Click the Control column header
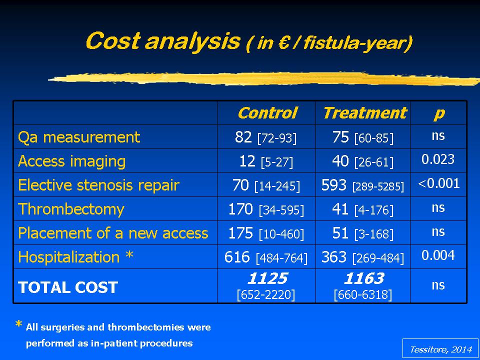[x=267, y=113]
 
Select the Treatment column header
[x=364, y=113]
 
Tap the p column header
[x=438, y=114]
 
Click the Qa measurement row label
[x=79, y=137]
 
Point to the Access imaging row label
[x=71, y=161]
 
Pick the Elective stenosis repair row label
[x=98, y=185]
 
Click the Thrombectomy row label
[x=71, y=209]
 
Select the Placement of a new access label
[x=113, y=233]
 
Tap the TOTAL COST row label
[x=68, y=287]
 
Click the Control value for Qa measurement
[x=265, y=137]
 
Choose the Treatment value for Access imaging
[x=363, y=161]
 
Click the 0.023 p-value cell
[x=438, y=159]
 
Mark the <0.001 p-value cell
[x=438, y=183]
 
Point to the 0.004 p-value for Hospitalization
[x=438, y=255]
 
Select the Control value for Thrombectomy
[x=266, y=209]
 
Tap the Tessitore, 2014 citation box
[x=440, y=348]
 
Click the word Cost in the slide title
[x=112, y=40]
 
